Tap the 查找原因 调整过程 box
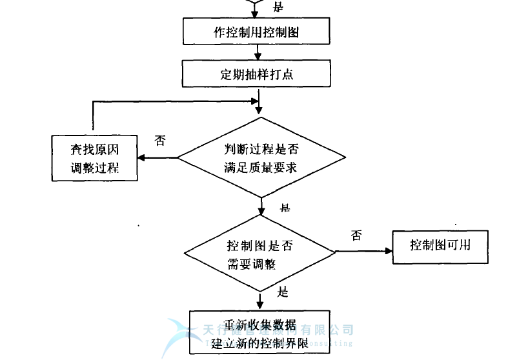pyautogui.click(x=94, y=158)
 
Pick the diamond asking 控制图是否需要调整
pyautogui.click(x=261, y=254)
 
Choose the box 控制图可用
pyautogui.click(x=440, y=246)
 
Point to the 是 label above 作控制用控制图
pyautogui.click(x=279, y=7)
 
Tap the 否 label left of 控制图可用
pyautogui.click(x=356, y=235)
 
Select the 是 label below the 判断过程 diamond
pyautogui.click(x=285, y=208)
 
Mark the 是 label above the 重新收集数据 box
pyautogui.click(x=282, y=292)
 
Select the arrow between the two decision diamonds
pyautogui.click(x=261, y=206)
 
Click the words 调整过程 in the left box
pyautogui.click(x=94, y=167)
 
